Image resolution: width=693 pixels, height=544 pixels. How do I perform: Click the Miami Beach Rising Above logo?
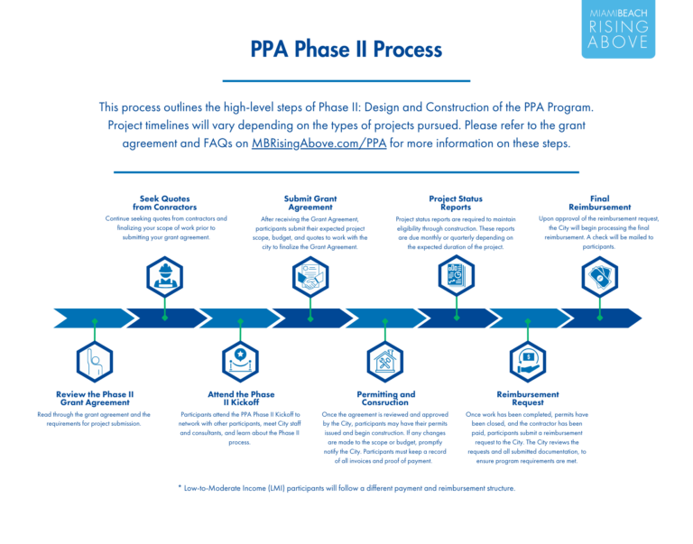point(618,29)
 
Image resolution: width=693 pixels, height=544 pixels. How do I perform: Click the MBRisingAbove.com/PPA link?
point(319,143)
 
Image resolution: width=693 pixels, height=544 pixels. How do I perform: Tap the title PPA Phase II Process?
point(346,49)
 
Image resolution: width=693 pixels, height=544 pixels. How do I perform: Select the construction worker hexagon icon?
point(165,277)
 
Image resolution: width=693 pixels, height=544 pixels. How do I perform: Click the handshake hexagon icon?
point(310,277)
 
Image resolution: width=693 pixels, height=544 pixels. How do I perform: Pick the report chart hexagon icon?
point(456,276)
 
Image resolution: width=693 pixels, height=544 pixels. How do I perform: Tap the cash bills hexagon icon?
point(600,277)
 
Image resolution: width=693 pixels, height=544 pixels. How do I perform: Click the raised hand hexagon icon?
point(95,362)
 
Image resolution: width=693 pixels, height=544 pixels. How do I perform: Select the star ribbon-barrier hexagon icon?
point(240,362)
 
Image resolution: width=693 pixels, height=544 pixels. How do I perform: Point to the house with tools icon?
point(385,362)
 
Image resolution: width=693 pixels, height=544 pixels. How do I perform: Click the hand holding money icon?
point(528,362)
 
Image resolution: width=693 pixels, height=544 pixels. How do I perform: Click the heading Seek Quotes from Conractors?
point(165,203)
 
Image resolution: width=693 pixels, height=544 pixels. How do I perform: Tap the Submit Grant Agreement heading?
point(310,203)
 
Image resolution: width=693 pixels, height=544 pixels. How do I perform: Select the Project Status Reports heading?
point(456,203)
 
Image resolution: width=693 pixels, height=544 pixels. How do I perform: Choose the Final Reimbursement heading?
point(600,203)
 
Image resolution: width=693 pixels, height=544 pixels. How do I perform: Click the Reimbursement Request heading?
point(528,398)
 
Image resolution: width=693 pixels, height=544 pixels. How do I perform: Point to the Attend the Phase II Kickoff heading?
point(241,398)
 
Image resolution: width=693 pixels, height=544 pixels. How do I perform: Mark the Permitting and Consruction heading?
point(386,398)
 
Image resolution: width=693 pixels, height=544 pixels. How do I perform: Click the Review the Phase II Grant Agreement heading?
point(95,398)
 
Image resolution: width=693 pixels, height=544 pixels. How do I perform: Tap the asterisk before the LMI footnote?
point(180,487)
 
